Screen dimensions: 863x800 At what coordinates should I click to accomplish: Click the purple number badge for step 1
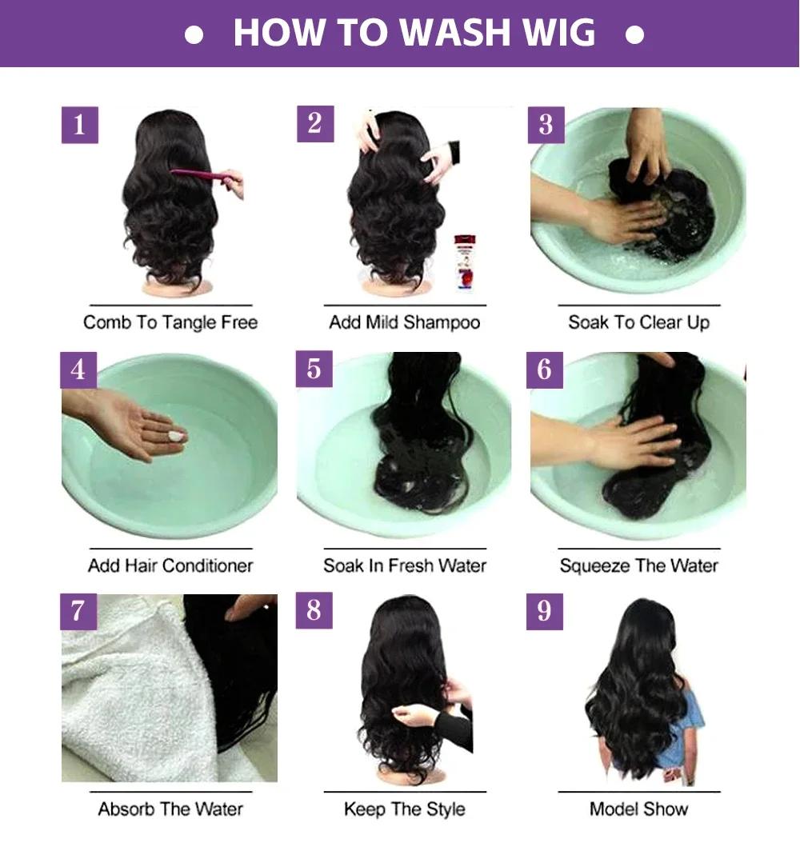coord(79,125)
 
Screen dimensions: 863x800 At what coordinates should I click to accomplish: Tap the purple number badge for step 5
coord(314,369)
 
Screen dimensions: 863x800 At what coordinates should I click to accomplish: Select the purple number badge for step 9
coord(545,611)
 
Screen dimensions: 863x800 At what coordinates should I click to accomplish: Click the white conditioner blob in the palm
coord(174,436)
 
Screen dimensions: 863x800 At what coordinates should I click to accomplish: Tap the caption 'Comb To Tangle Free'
coord(170,322)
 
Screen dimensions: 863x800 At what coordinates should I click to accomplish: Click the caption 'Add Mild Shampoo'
coord(405,322)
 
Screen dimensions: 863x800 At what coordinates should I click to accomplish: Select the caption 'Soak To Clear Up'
coord(638,322)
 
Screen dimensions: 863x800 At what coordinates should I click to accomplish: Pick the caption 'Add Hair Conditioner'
coord(170,565)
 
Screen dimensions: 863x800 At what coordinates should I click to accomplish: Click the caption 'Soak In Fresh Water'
coord(405,565)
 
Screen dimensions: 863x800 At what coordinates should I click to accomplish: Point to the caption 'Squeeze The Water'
coord(638,565)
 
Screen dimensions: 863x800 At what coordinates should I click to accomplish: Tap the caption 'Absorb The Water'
coord(170,809)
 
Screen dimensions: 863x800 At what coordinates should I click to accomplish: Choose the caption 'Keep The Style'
coord(405,809)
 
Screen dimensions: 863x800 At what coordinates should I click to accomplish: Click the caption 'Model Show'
coord(638,809)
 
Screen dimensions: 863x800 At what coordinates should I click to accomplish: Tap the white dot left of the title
coord(194,36)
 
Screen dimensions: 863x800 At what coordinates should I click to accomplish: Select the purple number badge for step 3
coord(546,125)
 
